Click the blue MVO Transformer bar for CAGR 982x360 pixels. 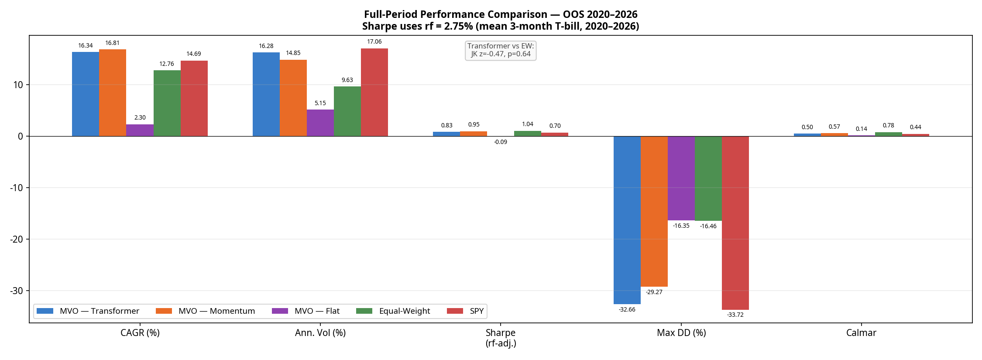[86, 94]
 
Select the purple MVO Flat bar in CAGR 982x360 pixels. [140, 130]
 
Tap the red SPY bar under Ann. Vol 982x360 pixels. [374, 92]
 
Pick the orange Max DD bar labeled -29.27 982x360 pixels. [654, 211]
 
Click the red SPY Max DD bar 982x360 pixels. [735, 223]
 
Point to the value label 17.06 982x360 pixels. [374, 42]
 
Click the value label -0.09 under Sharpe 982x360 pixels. [500, 142]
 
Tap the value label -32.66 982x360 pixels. [627, 310]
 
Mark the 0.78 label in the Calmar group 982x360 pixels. [888, 126]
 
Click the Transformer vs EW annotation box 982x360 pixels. [500, 50]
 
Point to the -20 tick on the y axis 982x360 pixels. [17, 239]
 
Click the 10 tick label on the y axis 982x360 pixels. [18, 85]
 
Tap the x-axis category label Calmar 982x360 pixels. [861, 333]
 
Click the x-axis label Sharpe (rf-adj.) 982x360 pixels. [500, 338]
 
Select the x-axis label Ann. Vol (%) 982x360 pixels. [320, 333]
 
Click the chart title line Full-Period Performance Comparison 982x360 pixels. [500, 14]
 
